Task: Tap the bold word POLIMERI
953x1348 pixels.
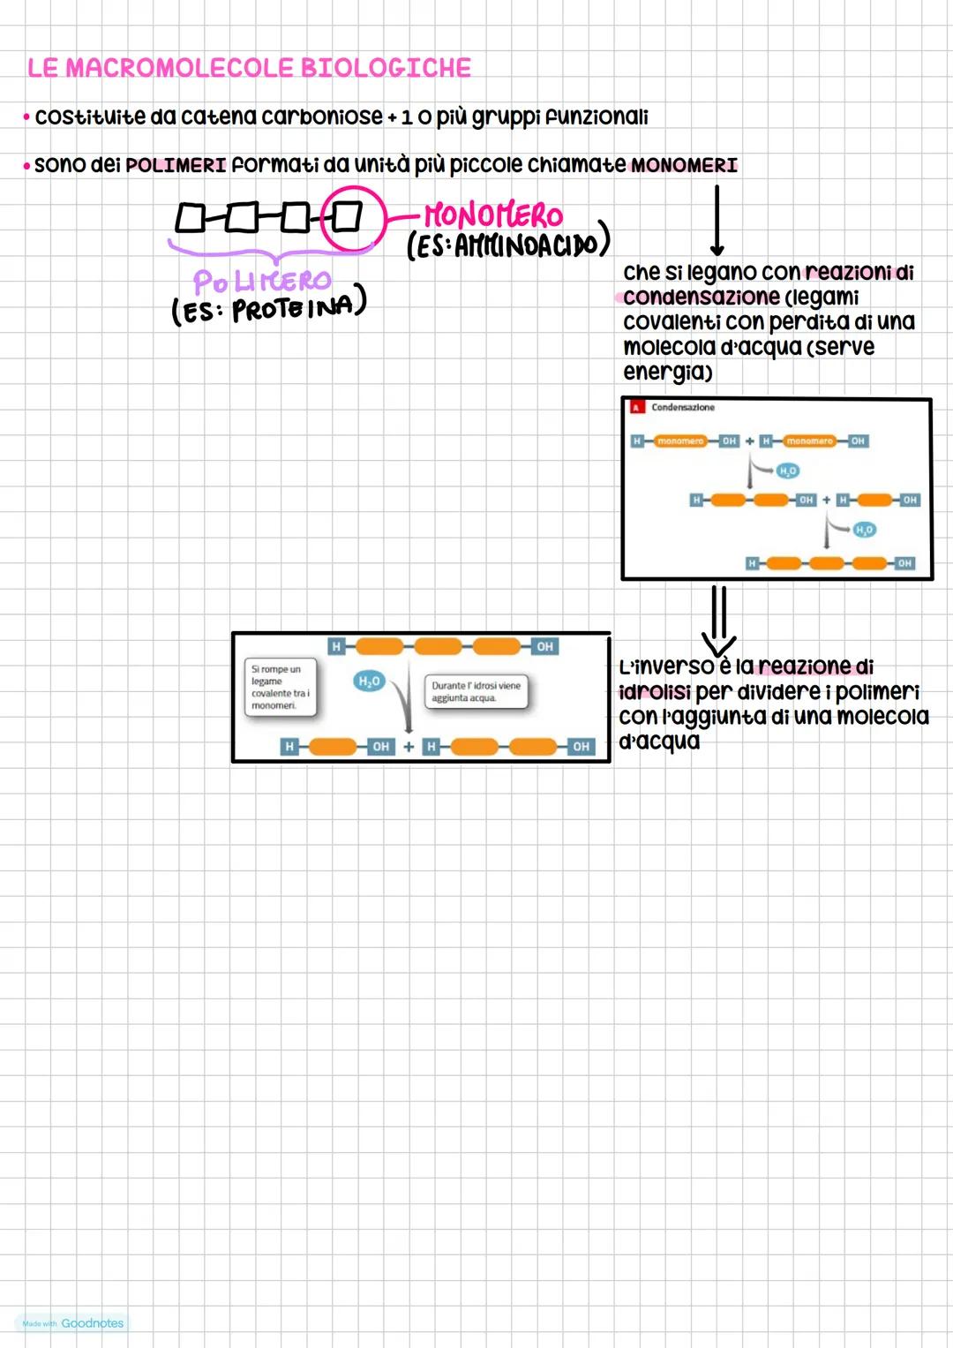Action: click(x=176, y=166)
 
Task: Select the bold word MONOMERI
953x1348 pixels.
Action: click(x=684, y=166)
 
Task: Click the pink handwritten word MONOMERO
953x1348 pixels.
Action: click(x=493, y=215)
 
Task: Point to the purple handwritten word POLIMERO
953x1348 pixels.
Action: click(x=262, y=282)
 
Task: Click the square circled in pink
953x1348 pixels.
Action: click(x=349, y=217)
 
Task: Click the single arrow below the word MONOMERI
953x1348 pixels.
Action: click(x=717, y=220)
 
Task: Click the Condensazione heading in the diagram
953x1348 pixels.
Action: click(x=683, y=408)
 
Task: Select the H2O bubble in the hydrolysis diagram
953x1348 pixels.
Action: click(x=369, y=682)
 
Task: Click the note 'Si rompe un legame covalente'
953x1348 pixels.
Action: click(x=281, y=688)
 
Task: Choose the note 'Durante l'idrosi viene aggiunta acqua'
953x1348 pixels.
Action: click(x=476, y=692)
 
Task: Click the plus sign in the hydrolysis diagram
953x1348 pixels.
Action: click(x=409, y=747)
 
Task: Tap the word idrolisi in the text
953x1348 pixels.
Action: click(x=655, y=692)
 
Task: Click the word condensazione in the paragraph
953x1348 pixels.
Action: click(x=702, y=297)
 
